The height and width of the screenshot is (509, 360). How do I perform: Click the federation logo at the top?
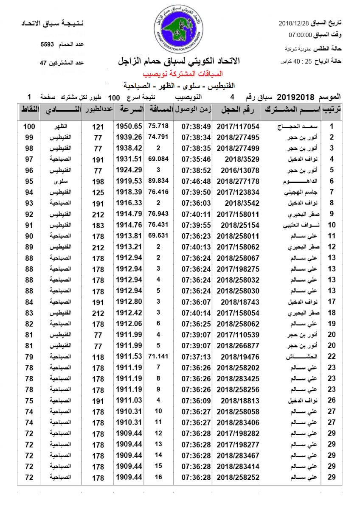[x=178, y=30]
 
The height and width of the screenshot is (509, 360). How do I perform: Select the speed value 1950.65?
[x=128, y=126]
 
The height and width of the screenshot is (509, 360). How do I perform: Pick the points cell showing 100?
[x=29, y=126]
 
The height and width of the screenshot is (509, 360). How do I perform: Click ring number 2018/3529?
[x=240, y=159]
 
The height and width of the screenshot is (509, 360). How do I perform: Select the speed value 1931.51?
[x=128, y=159]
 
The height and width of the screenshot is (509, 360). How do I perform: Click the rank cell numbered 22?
[x=332, y=357]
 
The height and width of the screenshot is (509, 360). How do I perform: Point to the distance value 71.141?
[x=158, y=356]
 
